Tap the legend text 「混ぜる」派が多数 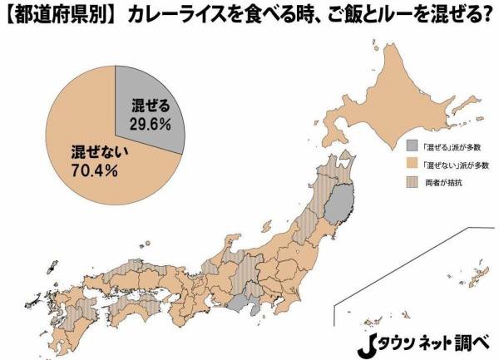pos(450,142)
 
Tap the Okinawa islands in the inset pos(462,275)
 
